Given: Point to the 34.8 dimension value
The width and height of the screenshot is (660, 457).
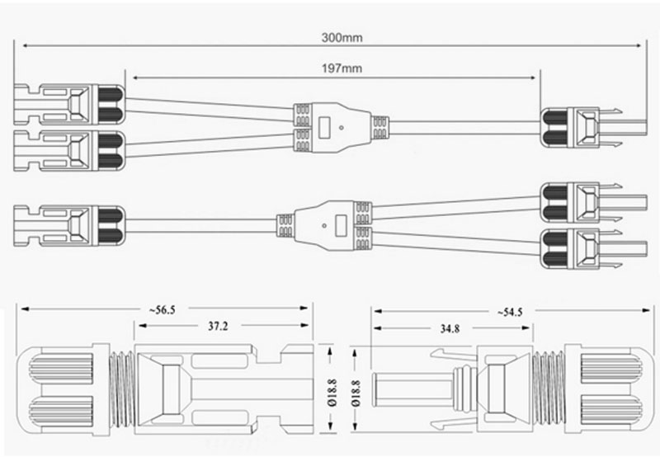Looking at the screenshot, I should [x=450, y=329].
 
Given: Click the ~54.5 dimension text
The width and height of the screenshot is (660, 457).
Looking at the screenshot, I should [x=510, y=312].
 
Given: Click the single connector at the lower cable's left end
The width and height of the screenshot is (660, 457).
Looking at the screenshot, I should [x=66, y=224].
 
